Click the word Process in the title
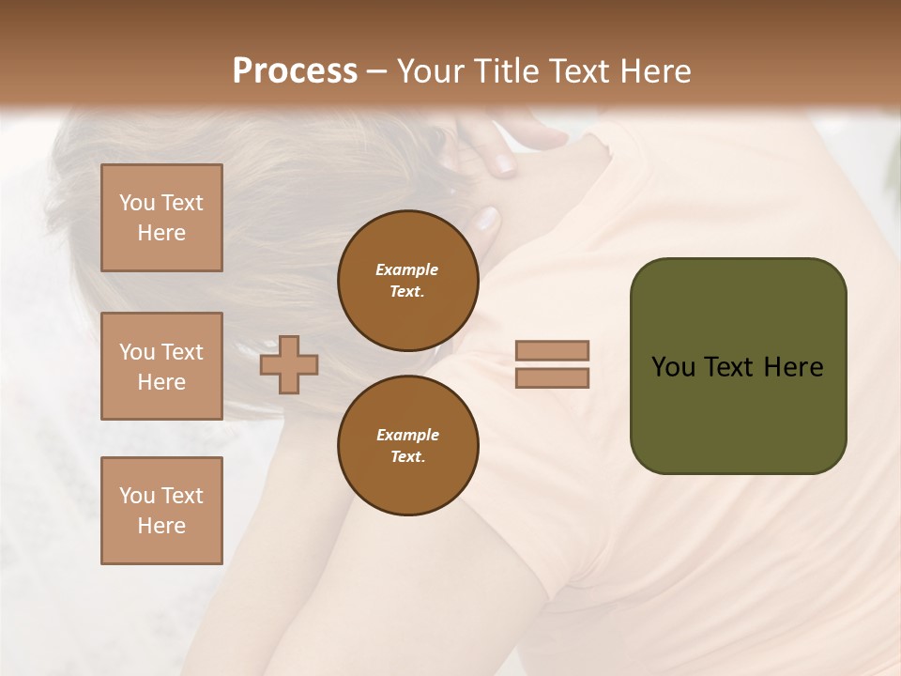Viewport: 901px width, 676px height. point(295,71)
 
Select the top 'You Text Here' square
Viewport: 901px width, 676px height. point(161,218)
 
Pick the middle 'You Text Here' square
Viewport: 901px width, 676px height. point(161,366)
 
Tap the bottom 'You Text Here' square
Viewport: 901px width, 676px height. point(161,510)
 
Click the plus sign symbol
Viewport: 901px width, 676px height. point(289,364)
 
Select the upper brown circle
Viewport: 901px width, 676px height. point(408,281)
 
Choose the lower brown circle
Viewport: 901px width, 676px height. point(408,446)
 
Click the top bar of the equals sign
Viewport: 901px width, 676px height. point(553,350)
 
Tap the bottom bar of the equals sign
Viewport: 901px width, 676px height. point(553,377)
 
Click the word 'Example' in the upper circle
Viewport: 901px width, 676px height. point(407,269)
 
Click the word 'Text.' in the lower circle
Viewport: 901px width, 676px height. point(407,457)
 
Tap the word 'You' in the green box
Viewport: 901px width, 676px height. point(674,367)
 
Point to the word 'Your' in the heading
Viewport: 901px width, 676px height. point(432,71)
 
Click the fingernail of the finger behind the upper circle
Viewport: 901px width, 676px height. point(487,220)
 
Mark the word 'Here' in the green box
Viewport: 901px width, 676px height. point(793,367)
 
